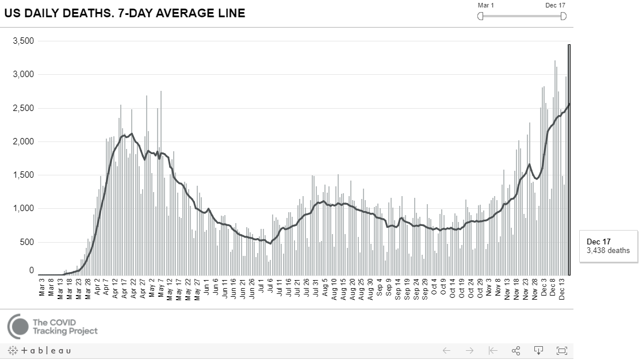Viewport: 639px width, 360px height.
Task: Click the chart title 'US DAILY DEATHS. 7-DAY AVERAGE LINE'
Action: coord(125,13)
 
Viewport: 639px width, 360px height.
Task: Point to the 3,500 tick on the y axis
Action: coord(24,41)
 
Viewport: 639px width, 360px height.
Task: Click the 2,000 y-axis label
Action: coord(24,141)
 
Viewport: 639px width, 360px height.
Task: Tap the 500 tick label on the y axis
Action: coord(27,242)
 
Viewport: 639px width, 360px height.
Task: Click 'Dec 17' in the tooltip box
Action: coord(598,242)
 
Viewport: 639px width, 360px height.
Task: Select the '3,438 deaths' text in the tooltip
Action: coord(608,251)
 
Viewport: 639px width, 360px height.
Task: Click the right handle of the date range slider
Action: coord(563,16)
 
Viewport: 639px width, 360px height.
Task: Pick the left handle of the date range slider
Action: coord(480,16)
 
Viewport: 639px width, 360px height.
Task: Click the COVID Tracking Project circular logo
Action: coord(18,326)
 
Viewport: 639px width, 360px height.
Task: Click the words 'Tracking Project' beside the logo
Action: coord(65,331)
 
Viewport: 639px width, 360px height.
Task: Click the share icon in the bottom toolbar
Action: coord(516,350)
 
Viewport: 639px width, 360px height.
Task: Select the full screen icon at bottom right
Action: coord(562,350)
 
